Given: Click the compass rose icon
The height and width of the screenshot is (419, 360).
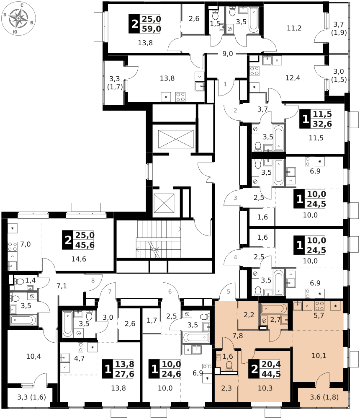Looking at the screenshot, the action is click(18, 18).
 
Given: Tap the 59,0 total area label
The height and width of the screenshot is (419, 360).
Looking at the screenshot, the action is click(152, 29).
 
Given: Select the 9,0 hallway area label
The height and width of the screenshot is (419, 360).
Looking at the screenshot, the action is click(228, 54).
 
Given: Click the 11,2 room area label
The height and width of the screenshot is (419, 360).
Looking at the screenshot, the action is click(294, 28).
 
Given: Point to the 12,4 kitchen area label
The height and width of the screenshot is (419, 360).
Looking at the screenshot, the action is click(293, 78).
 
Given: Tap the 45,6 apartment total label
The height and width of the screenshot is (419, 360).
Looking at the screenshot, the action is click(85, 245).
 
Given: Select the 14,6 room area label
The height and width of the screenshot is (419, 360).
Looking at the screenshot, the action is click(79, 259).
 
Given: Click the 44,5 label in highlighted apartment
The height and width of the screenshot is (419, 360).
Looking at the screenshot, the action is click(271, 374).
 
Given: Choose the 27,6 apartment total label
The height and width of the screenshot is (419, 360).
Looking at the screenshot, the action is click(124, 374).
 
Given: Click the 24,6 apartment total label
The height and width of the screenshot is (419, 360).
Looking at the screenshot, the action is click(171, 374).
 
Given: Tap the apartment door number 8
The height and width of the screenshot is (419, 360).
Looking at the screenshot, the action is click(93, 281).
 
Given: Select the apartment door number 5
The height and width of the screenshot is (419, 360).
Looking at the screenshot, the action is click(229, 292).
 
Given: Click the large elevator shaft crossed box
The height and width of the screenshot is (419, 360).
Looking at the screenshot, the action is click(176, 139).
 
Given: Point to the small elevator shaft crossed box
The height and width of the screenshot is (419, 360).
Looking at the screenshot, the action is click(164, 202).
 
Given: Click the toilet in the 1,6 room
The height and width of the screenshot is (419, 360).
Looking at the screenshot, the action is click(229, 366).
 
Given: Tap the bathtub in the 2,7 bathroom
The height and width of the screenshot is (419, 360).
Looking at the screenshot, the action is click(274, 309).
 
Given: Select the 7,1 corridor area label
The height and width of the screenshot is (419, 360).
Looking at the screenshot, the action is click(62, 286).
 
